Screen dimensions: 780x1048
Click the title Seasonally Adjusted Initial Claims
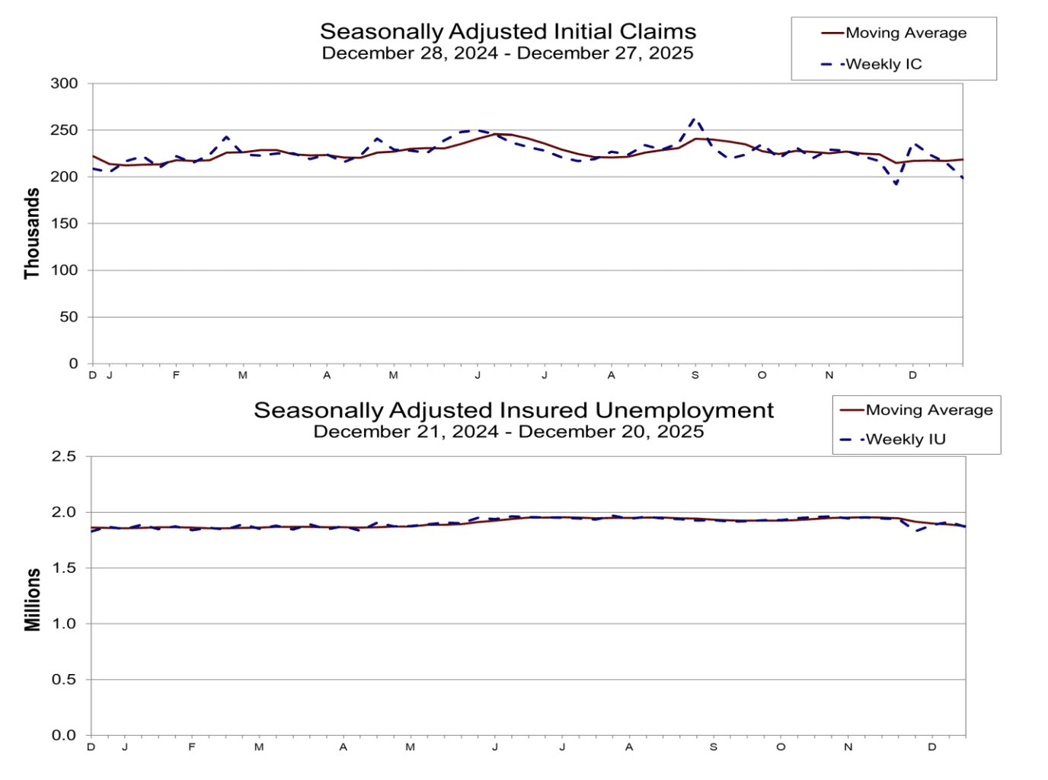tap(508, 31)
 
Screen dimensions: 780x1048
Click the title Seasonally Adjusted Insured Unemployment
tap(513, 410)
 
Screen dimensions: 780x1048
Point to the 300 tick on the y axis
tap(65, 84)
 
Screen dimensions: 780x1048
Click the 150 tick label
tap(65, 223)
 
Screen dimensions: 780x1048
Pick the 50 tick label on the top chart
tap(69, 317)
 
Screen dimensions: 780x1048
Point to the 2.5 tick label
tap(64, 456)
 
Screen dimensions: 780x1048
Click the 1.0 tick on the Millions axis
tap(64, 623)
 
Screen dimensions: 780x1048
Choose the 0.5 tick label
tap(64, 679)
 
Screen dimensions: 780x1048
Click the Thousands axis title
tap(32, 233)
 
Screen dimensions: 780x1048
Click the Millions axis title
tap(32, 599)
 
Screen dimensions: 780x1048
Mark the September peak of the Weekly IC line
tap(694, 119)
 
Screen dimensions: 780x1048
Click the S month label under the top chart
tap(695, 376)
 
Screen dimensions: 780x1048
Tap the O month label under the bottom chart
tap(781, 747)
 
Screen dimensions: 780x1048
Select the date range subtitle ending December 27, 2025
tap(508, 53)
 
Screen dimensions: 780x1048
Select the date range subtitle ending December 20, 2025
tap(508, 432)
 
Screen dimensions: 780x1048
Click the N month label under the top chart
tap(829, 376)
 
